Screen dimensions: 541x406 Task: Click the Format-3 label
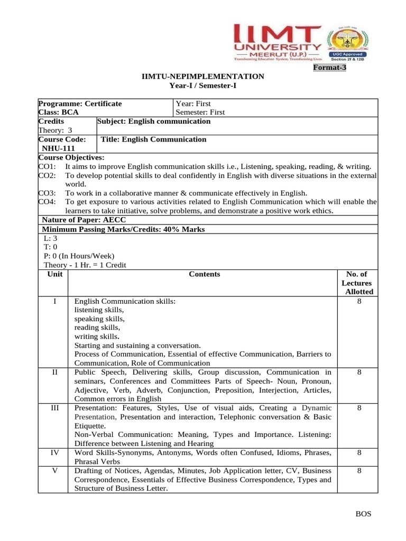[x=329, y=68]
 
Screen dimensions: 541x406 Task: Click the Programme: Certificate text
[x=80, y=104]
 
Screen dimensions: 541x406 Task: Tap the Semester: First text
[x=200, y=112]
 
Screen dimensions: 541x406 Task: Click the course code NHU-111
[x=59, y=148]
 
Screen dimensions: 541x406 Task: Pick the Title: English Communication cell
[x=153, y=139]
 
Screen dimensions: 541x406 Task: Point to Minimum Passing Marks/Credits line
[x=123, y=229]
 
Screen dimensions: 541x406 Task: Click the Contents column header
[x=204, y=274]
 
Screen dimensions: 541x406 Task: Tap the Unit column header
[x=55, y=274]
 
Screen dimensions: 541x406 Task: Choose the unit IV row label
[x=55, y=453]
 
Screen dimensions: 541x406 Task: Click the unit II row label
[x=55, y=372]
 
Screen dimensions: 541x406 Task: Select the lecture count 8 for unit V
[x=359, y=471]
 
